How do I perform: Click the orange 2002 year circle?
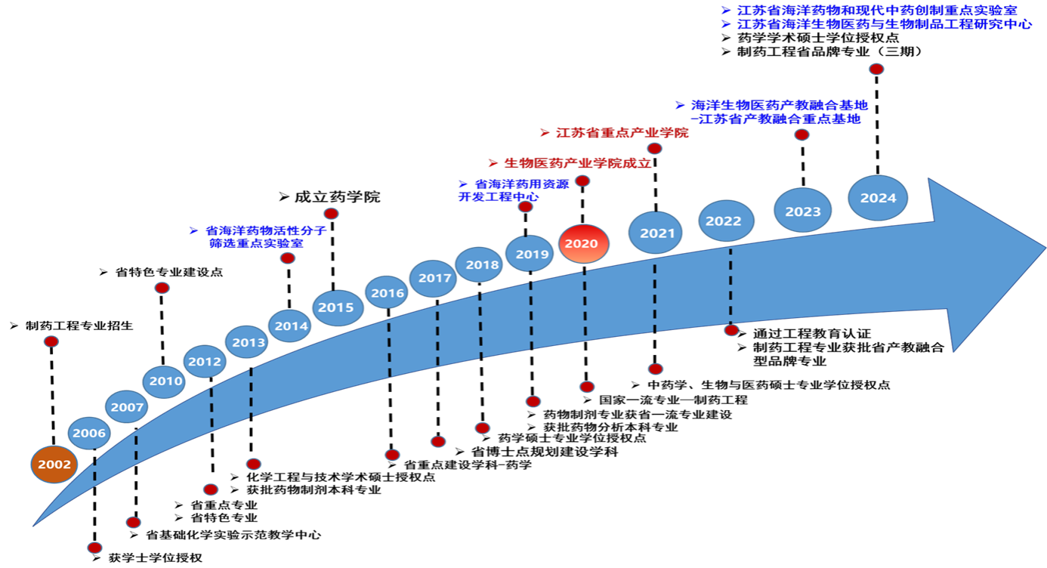[x=55, y=464]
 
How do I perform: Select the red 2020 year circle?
[x=582, y=243]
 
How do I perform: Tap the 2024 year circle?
[x=877, y=198]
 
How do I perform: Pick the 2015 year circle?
[x=336, y=307]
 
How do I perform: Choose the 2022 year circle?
[x=724, y=221]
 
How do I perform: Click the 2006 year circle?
[x=89, y=433]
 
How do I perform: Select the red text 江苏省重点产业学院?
[x=622, y=133]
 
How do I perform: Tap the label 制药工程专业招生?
[x=79, y=326]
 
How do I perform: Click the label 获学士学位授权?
[x=155, y=558]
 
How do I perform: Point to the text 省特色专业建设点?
[x=168, y=272]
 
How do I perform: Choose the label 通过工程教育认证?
[x=811, y=333]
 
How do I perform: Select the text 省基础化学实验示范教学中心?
[x=233, y=535]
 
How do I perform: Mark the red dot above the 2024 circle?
[x=876, y=69]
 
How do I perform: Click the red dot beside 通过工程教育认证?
[x=731, y=330]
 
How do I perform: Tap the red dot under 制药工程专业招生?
[x=51, y=342]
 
